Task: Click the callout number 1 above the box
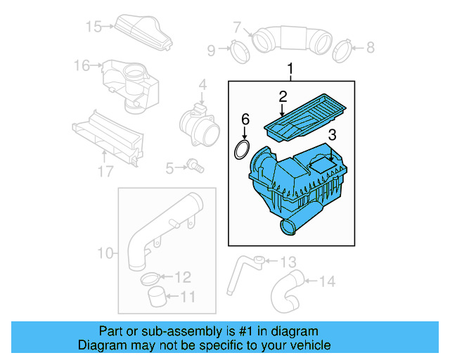(290, 69)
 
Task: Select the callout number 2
(283, 96)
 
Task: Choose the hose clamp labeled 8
(342, 49)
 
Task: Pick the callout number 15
(93, 27)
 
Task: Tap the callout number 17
(105, 170)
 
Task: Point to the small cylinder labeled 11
(159, 297)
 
